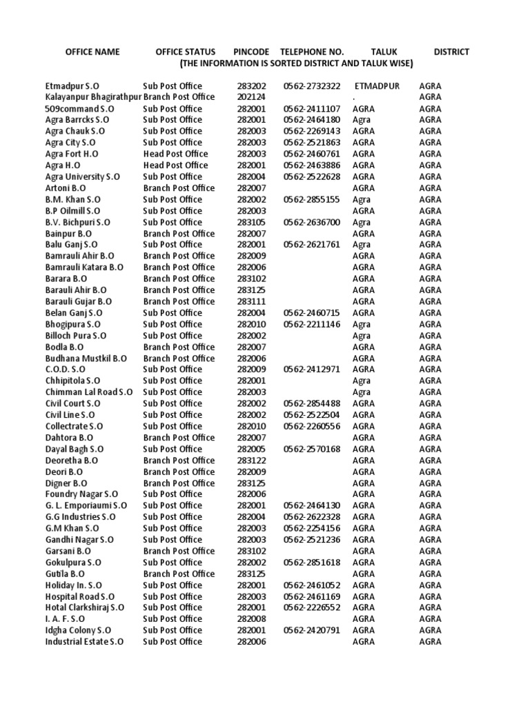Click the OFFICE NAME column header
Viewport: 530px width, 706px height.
92,52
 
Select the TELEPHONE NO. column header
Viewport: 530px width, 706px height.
312,52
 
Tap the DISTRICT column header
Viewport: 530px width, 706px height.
451,52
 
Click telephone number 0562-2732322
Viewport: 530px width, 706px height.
312,86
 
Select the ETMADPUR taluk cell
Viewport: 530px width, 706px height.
377,86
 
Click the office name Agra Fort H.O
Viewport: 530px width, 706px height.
74,154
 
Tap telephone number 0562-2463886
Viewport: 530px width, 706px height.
312,165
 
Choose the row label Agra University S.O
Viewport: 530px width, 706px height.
83,176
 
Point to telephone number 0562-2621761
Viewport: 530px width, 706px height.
312,245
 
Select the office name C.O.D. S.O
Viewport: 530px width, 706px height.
66,370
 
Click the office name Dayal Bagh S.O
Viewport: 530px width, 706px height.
73,449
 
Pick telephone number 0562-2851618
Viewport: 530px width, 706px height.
312,563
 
